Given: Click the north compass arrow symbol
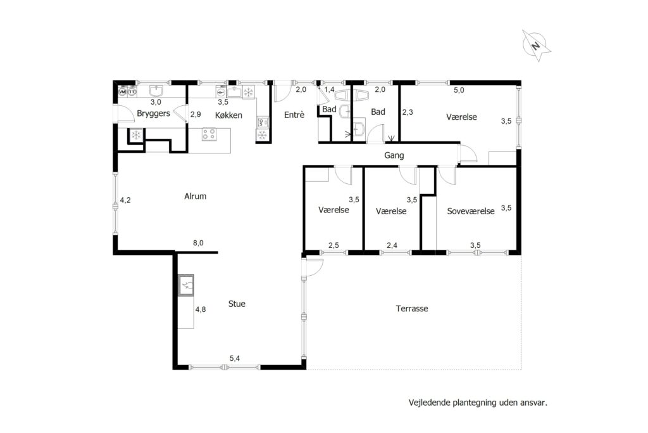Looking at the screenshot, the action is [x=536, y=45].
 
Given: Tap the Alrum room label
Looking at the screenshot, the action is [x=195, y=197].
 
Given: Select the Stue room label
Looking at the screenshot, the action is [x=237, y=304].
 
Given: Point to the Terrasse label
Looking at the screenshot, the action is [x=411, y=308].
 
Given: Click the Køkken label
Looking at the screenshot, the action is [x=228, y=115].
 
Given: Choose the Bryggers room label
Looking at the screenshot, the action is [x=153, y=113].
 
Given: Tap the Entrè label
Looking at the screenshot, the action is [x=294, y=115].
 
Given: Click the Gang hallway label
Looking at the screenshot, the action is [x=394, y=155].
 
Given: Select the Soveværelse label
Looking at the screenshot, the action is [x=471, y=211].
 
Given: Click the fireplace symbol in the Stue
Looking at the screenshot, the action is [x=186, y=285].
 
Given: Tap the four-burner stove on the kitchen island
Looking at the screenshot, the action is [x=209, y=134].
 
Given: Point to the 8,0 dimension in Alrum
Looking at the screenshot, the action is [x=198, y=243].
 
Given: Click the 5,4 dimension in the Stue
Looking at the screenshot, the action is [x=235, y=358].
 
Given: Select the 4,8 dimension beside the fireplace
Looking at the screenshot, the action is [x=201, y=309].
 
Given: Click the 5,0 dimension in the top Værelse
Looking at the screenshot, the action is [x=459, y=90].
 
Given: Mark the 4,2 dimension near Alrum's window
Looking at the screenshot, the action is [x=125, y=200].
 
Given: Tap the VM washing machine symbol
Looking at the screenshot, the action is [x=122, y=91].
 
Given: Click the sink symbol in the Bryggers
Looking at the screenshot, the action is [x=156, y=91].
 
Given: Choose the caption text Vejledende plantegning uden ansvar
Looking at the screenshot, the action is [x=478, y=403].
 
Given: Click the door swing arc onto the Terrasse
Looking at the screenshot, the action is [x=318, y=268].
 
